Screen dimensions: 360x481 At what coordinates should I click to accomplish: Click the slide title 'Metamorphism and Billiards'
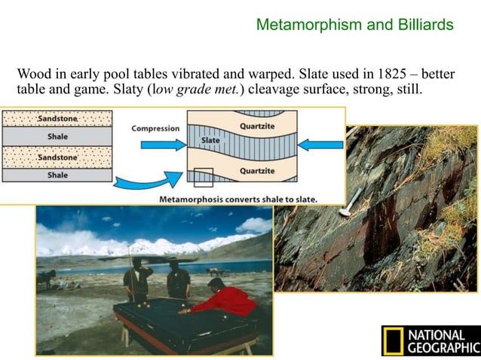(354, 25)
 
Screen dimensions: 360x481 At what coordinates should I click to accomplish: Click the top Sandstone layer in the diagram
(57, 118)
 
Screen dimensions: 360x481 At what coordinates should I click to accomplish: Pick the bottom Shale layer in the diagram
(57, 175)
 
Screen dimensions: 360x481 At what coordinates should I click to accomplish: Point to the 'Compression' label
(155, 128)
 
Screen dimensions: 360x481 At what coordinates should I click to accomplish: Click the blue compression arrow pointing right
(162, 144)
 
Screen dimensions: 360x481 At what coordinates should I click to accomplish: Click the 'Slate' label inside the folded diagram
(210, 141)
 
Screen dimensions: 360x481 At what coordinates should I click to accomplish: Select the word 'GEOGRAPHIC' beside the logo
(443, 347)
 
